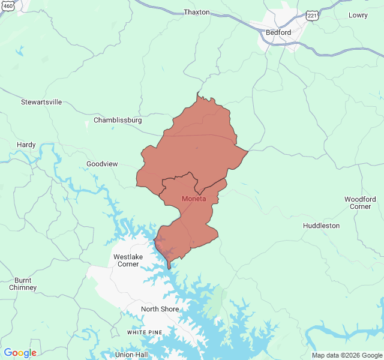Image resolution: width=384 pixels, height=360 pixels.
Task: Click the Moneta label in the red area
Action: [193, 199]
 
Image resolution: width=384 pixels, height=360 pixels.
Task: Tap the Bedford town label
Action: [278, 32]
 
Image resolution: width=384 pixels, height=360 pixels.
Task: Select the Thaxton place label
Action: [197, 12]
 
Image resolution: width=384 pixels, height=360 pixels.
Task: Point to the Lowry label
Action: [358, 15]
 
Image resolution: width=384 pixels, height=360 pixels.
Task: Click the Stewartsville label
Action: [41, 102]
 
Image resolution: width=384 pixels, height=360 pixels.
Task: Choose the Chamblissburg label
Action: [118, 120]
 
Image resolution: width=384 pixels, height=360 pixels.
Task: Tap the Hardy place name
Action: [26, 145]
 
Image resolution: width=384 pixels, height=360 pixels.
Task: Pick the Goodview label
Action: [102, 164]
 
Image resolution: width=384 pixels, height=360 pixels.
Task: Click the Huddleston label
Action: [321, 226]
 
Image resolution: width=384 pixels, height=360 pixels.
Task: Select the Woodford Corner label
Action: [361, 203]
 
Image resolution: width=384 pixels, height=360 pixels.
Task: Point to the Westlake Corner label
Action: [128, 260]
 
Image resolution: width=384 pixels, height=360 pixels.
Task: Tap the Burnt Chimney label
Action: [23, 284]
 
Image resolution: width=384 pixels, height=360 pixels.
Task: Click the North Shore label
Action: [160, 309]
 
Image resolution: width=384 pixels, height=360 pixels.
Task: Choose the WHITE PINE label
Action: [145, 332]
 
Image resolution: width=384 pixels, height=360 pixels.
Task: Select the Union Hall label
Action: [131, 355]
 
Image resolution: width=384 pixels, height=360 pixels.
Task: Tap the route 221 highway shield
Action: [312, 16]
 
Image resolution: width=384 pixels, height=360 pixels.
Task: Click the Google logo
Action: [20, 353]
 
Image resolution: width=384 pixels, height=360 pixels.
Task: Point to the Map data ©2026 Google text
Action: [347, 355]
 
